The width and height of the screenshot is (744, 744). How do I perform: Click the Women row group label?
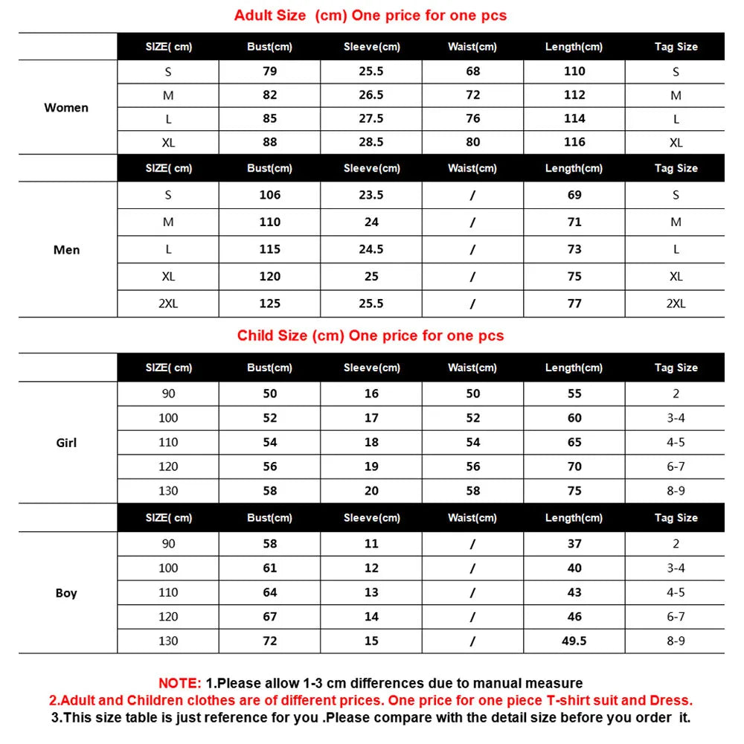[x=66, y=108]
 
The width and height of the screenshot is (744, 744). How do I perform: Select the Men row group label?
[x=66, y=250]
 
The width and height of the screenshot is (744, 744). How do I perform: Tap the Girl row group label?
[x=66, y=443]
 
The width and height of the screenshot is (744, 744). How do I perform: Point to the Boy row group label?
[x=66, y=593]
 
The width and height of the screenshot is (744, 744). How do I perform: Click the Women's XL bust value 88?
[x=269, y=142]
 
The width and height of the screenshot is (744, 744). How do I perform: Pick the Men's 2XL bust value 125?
[x=269, y=304]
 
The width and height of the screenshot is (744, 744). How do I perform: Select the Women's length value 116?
[x=574, y=142]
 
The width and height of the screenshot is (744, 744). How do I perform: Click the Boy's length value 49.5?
[x=574, y=641]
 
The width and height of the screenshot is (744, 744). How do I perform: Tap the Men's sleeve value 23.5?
[x=371, y=195]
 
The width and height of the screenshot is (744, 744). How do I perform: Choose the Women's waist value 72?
[x=473, y=95]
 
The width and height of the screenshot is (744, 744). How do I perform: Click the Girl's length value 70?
[x=574, y=466]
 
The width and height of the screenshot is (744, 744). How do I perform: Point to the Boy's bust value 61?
[x=269, y=568]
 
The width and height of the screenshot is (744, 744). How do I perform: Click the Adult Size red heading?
[x=371, y=16]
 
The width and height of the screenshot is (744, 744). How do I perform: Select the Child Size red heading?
[x=371, y=336]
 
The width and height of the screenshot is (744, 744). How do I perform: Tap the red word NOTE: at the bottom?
[x=179, y=683]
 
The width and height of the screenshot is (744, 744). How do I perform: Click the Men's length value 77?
[x=574, y=304]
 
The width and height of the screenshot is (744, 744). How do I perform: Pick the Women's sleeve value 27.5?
[x=371, y=119]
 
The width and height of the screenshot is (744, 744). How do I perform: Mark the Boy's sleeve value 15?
[x=371, y=641]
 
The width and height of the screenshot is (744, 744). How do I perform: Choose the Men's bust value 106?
[x=269, y=195]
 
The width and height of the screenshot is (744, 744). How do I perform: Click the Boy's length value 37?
[x=574, y=544]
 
